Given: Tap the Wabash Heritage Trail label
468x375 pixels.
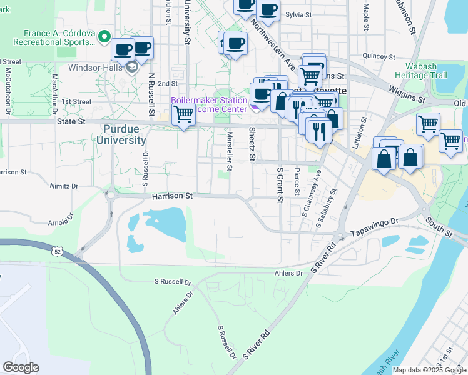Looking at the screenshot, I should point(420,70).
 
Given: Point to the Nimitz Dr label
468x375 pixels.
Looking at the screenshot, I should point(66,186).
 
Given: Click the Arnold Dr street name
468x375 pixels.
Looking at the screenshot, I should point(61,221).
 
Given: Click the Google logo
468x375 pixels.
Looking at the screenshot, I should point(21,367).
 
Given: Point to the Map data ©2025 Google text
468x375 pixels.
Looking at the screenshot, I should point(429,370).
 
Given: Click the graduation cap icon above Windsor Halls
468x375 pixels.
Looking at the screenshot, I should point(132,66).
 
